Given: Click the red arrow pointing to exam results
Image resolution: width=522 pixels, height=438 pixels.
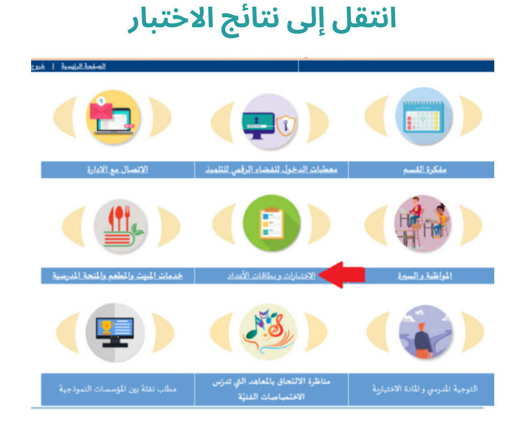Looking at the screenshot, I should click(x=342, y=275).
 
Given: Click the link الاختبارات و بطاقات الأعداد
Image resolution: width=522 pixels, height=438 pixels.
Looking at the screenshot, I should click(x=272, y=276).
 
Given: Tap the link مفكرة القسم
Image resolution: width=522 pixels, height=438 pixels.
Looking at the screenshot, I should click(x=425, y=170).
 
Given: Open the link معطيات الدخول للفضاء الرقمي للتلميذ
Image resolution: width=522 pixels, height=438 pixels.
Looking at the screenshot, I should click(x=272, y=170).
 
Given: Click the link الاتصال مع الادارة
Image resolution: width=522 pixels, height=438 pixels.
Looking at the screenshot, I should click(x=117, y=170).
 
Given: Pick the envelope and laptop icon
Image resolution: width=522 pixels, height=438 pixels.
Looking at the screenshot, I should click(x=112, y=117).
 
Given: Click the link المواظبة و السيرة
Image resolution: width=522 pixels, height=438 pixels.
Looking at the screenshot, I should click(x=425, y=276).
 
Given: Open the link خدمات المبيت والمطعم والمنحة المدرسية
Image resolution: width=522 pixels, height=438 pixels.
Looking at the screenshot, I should click(x=118, y=276).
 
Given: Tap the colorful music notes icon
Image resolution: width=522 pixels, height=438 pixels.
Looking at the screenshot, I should click(x=269, y=331).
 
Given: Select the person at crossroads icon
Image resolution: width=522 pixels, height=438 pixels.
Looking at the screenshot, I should click(x=425, y=332).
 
